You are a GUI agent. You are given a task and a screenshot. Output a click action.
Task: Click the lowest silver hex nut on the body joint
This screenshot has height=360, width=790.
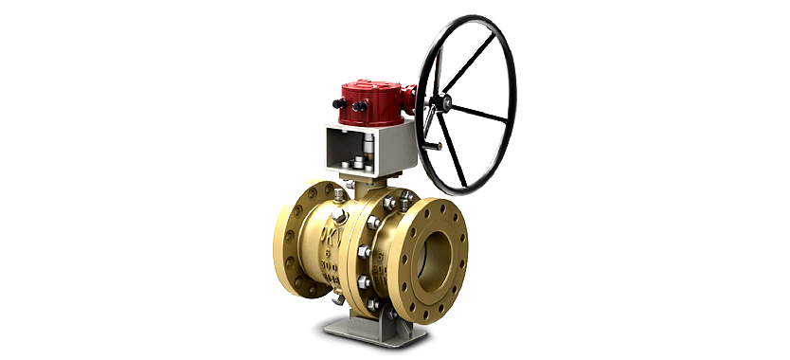click(373, 304)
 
